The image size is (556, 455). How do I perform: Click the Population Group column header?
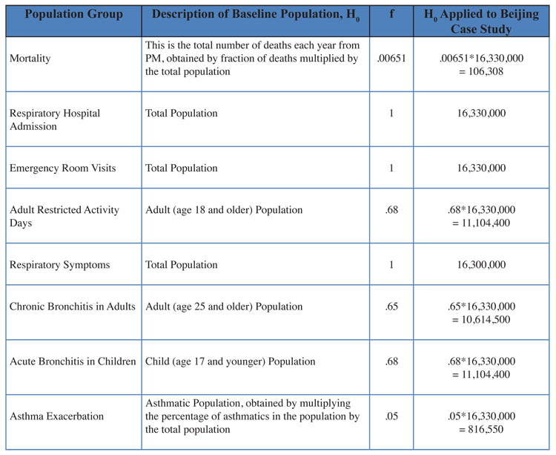73,14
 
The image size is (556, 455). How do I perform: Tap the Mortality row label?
30,58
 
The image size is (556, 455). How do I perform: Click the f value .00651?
391,58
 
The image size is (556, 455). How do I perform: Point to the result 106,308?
486,72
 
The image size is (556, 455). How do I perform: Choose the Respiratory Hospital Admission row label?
55,120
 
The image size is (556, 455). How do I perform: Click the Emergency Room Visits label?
63,168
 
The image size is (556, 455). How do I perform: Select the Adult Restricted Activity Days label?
64,216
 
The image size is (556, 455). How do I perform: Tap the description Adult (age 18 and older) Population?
224,210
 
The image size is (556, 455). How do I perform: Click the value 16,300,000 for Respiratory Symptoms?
481,265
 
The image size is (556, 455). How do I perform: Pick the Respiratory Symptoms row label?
59,265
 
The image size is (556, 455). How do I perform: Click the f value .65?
391,307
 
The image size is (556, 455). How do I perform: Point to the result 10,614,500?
486,320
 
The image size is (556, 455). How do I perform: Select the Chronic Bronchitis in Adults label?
73,307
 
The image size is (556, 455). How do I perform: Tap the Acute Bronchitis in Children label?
73,361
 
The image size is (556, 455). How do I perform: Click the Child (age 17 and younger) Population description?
230,361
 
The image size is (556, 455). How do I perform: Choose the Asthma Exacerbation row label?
57,416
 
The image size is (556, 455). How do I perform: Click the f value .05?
391,416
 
